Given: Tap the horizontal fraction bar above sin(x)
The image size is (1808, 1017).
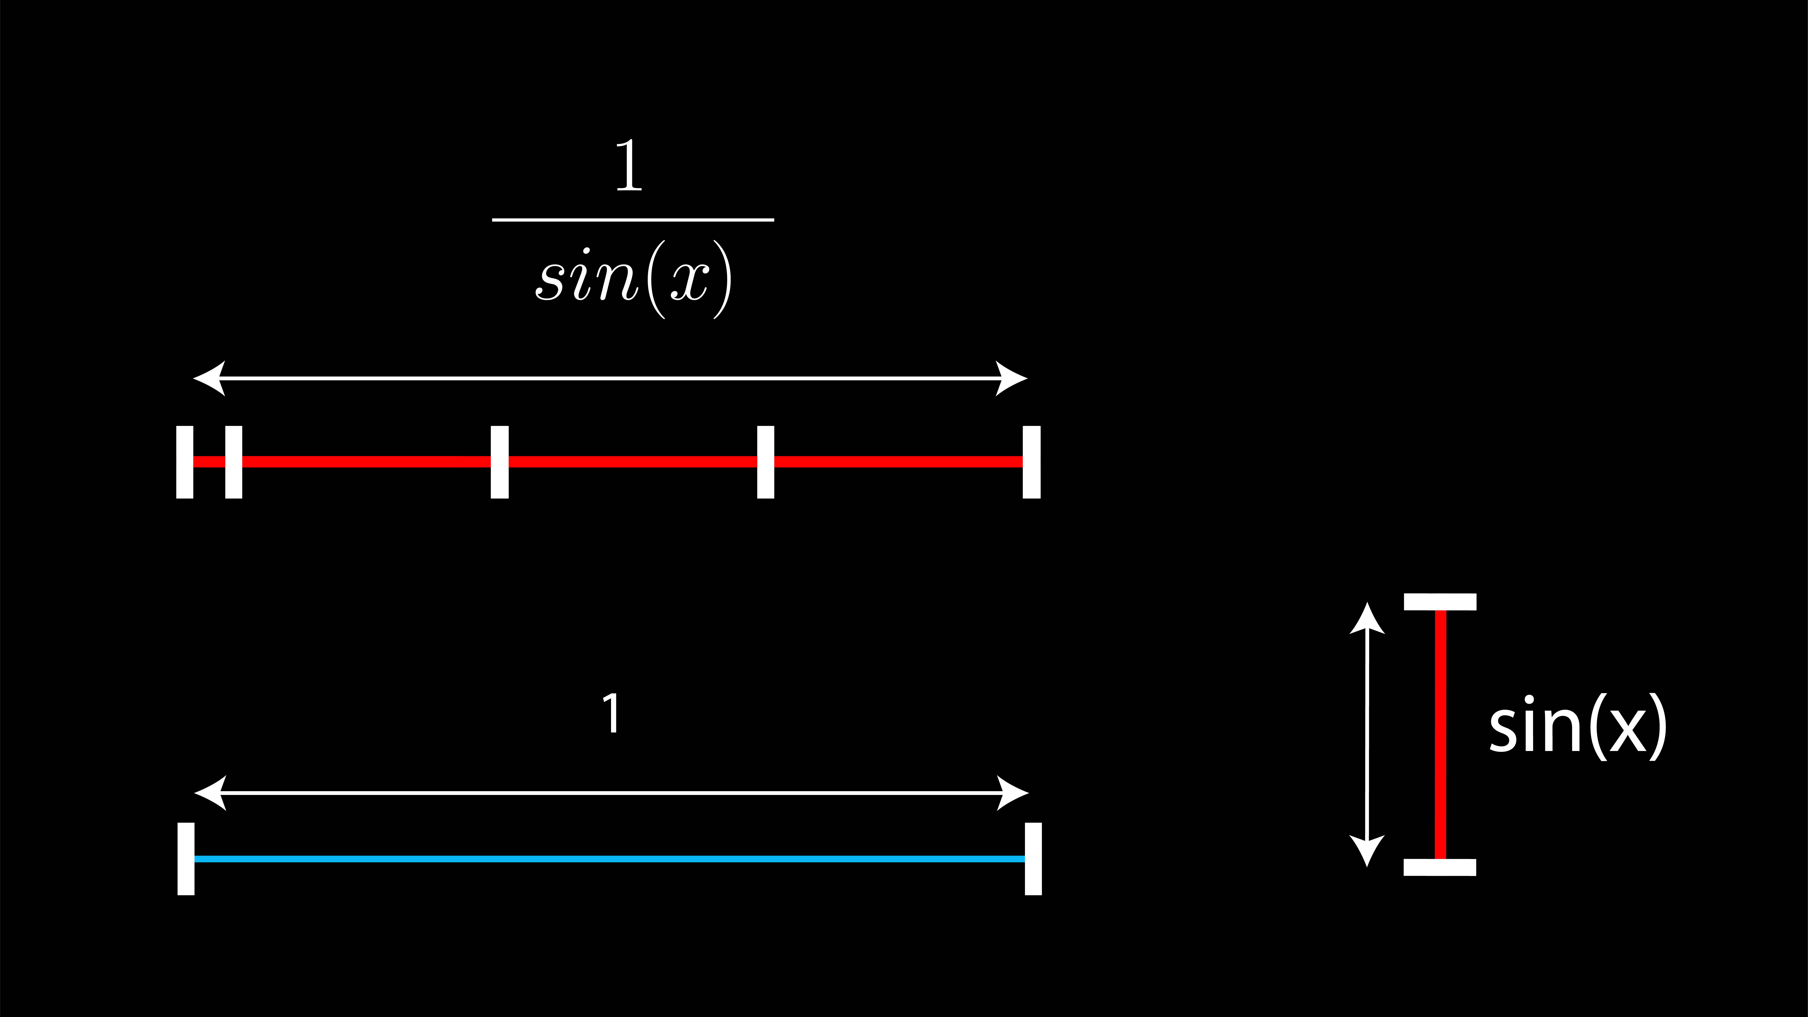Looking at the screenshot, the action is point(633,220).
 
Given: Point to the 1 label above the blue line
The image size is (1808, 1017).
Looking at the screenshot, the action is point(611,713).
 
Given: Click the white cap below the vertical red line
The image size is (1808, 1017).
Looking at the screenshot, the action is point(1440,868).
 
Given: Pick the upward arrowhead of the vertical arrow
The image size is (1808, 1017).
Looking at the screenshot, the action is point(1367,618).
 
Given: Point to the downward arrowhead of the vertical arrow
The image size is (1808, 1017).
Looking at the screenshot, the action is point(1367,851).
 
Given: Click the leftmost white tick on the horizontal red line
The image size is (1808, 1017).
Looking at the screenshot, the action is point(185,462).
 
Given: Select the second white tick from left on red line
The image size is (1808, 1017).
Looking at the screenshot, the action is point(234,462).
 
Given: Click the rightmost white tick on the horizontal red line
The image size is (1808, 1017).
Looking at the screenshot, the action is point(1032,462).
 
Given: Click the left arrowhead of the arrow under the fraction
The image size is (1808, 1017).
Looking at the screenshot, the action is point(209,378).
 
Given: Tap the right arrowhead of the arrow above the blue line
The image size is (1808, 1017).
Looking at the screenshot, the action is point(1013,793).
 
